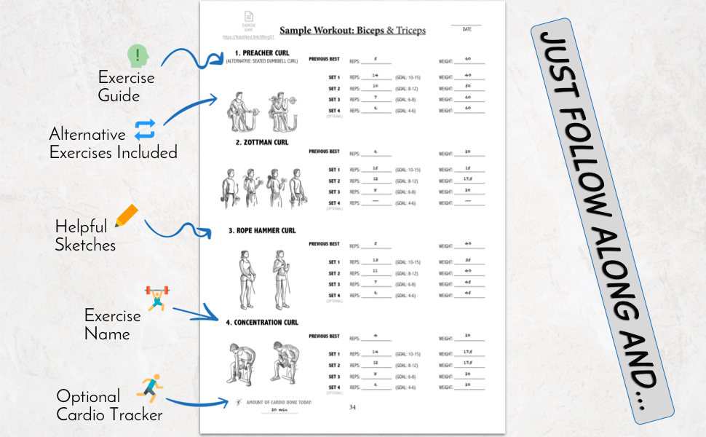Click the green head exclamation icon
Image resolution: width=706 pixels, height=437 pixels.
click(138, 56)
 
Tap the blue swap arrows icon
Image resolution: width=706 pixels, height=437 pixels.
click(145, 129)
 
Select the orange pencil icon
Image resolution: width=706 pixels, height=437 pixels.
click(126, 216)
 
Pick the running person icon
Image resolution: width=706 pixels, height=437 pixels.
click(150, 388)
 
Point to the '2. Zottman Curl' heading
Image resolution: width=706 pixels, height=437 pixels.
click(261, 143)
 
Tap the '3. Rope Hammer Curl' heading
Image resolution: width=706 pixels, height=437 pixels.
click(262, 231)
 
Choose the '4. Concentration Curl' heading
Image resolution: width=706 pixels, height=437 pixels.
click(262, 322)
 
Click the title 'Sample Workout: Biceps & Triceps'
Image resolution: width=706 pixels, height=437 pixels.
click(352, 31)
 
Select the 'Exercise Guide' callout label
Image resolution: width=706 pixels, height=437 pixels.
click(126, 86)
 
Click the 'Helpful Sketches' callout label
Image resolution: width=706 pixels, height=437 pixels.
click(85, 235)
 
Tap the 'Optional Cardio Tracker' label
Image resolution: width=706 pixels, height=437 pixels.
click(109, 406)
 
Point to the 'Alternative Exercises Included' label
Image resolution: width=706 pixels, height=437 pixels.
click(112, 143)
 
